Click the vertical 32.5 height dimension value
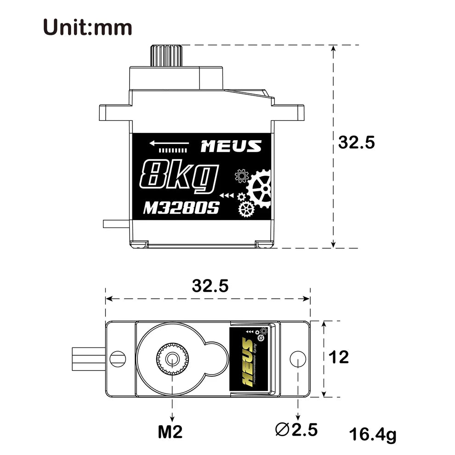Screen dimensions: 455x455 pos(357,142)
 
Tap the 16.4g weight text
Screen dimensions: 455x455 pos(372,435)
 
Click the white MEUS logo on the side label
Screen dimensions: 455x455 pos(231,147)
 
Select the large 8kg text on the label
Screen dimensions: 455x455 pos(178,176)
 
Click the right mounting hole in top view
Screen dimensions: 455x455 pos(298,358)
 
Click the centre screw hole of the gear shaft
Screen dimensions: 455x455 pos(172,358)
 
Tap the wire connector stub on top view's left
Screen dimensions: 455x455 pos(88,357)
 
